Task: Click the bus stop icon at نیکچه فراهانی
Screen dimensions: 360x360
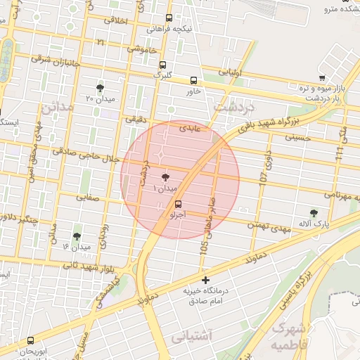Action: [x=169, y=19]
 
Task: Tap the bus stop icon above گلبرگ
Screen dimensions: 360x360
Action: [x=162, y=64]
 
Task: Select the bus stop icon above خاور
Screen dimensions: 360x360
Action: [x=194, y=80]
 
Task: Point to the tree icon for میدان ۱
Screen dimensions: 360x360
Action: [x=165, y=179]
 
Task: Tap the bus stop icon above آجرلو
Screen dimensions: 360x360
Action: [x=176, y=205]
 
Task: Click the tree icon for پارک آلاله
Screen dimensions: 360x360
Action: [x=314, y=212]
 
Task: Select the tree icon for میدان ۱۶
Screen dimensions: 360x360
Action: [x=76, y=237]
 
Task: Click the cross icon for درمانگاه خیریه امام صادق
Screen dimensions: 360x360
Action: [x=205, y=280]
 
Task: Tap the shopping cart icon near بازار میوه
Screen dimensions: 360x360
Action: [x=321, y=78]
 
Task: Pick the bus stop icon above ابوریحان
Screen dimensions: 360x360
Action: [x=31, y=340]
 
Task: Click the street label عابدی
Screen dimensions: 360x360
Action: [x=190, y=129]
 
